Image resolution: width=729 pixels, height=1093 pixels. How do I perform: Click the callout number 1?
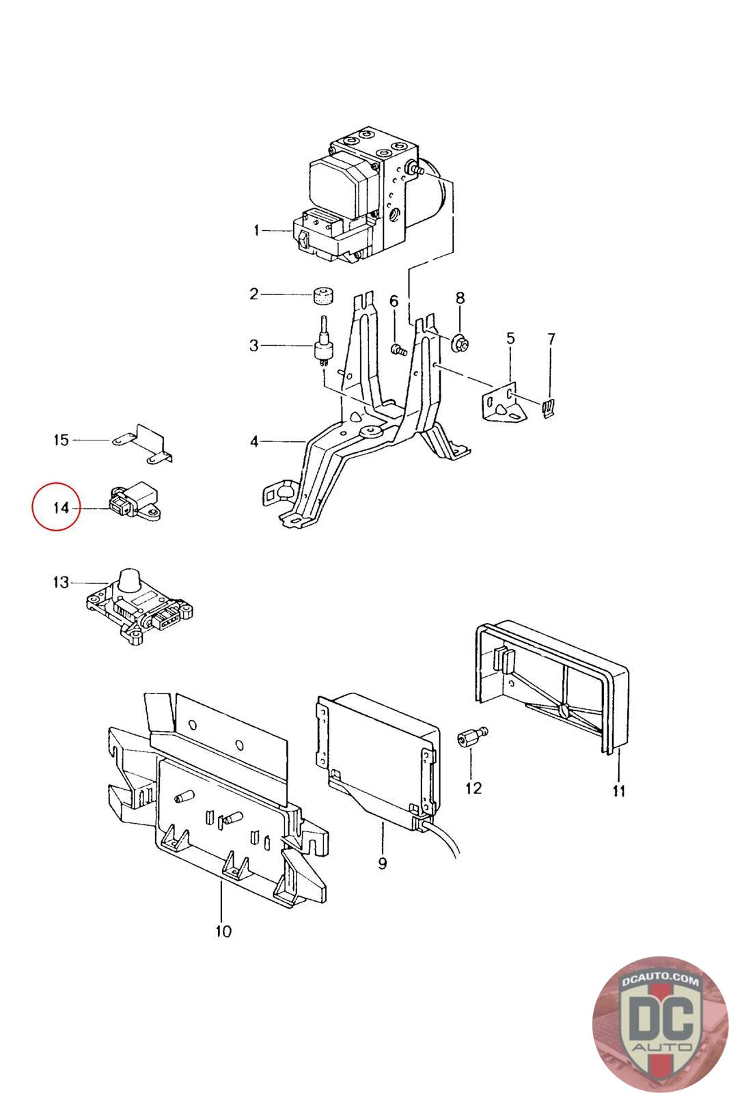pos(257,231)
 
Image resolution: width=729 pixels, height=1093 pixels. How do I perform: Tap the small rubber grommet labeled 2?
pos(323,295)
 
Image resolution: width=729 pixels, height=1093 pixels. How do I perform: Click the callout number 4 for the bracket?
pos(254,442)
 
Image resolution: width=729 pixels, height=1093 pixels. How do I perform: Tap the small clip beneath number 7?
pos(549,408)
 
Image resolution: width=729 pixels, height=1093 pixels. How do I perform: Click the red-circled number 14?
pos(61,508)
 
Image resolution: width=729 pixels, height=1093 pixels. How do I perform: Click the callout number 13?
pos(61,583)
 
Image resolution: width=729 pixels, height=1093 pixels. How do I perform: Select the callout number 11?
pos(619,791)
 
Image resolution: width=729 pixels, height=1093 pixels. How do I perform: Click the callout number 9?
pos(382,863)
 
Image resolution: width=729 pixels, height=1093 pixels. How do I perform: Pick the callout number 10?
pos(223,930)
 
